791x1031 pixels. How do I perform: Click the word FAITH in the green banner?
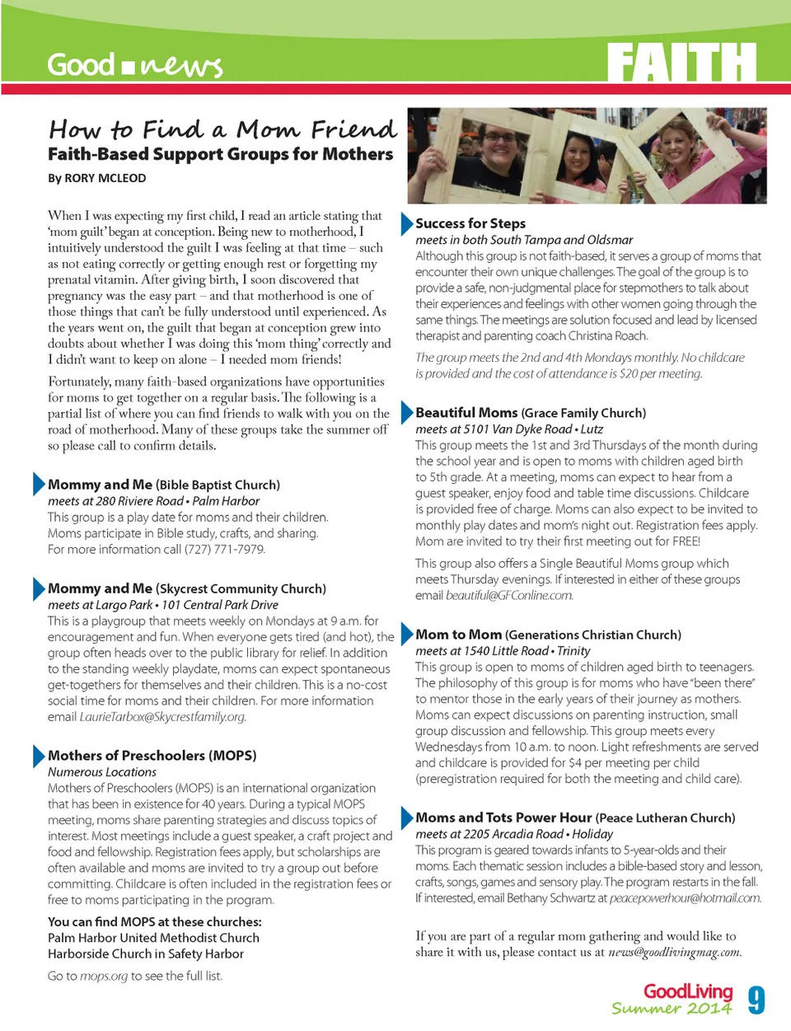(681, 63)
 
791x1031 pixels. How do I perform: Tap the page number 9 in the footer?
(756, 1000)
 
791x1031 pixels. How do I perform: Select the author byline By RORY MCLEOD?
(96, 178)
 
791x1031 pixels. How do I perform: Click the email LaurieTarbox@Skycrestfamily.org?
(162, 717)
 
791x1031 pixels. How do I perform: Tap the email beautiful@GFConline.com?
(509, 595)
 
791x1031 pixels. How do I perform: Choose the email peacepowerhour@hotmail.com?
(685, 898)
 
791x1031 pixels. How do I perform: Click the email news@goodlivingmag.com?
(674, 953)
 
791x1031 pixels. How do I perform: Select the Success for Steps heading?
(470, 223)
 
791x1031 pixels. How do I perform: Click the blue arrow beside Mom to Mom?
(406, 634)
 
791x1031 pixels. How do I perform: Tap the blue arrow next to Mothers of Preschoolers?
(39, 755)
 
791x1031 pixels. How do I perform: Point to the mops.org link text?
(104, 977)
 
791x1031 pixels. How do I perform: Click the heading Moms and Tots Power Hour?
(503, 818)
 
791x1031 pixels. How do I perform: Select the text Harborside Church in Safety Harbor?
(145, 954)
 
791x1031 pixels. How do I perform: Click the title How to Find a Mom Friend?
(222, 129)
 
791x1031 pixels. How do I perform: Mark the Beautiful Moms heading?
(466, 412)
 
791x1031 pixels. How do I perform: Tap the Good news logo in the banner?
(134, 65)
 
